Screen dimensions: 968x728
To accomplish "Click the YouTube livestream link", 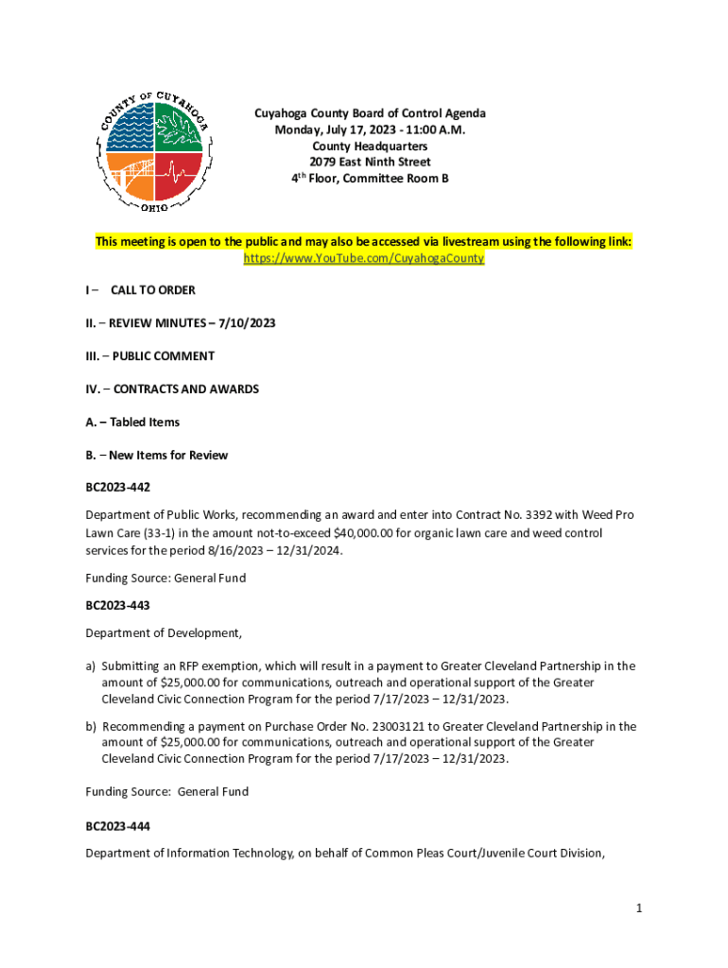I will click(364, 258).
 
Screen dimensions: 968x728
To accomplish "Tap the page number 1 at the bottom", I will click(639, 908).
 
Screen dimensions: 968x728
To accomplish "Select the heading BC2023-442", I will click(117, 488).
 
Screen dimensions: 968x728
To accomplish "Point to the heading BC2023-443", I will click(117, 605).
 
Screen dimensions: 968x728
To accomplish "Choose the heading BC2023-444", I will click(117, 826).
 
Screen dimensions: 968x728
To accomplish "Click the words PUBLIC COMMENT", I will click(165, 356).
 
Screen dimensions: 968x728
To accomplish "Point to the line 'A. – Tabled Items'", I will click(132, 423).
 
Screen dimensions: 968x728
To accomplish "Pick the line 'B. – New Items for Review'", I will click(156, 456).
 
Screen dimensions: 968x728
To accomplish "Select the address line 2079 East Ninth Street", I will click(370, 163).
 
